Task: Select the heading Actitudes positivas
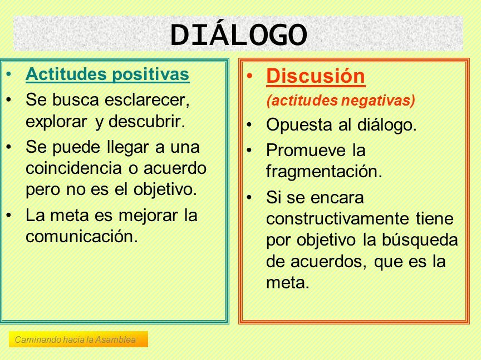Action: [x=107, y=74]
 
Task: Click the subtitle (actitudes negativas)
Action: [x=341, y=101]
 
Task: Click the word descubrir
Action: [x=147, y=121]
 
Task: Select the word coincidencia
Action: [x=73, y=168]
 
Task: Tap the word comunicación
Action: [x=82, y=237]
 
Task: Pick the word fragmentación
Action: [x=324, y=172]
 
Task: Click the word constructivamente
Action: [x=337, y=218]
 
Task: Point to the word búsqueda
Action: [x=420, y=240]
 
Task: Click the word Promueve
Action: [x=306, y=150]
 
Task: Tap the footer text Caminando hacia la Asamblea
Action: [x=75, y=339]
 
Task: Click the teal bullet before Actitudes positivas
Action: [x=9, y=74]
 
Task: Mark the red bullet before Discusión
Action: [x=250, y=76]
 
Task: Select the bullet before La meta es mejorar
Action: [x=9, y=215]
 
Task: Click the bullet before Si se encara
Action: [x=250, y=197]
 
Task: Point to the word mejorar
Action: [x=148, y=216]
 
